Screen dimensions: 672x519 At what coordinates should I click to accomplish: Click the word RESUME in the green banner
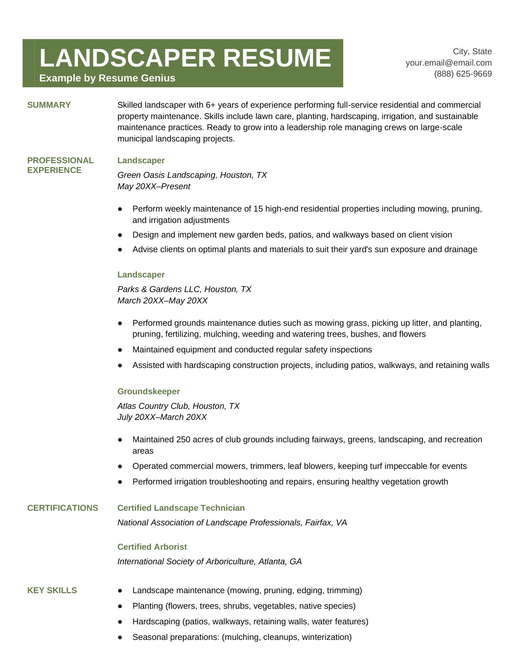(277, 58)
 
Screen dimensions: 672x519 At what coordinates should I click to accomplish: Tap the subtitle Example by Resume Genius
(107, 78)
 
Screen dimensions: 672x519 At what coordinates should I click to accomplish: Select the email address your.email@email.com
(449, 63)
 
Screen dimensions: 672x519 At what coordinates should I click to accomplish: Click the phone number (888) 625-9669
(463, 74)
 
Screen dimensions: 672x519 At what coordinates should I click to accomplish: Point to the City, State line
(472, 52)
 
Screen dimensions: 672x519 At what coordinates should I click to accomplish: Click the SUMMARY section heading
(49, 105)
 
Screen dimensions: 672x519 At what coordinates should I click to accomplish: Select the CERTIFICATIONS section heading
(63, 508)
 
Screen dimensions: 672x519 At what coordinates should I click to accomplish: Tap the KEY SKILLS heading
(52, 590)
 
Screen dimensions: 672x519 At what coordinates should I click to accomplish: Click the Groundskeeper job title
(149, 391)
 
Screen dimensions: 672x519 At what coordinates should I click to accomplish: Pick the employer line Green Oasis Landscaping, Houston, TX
(192, 175)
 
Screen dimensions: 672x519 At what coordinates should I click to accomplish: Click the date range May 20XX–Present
(154, 187)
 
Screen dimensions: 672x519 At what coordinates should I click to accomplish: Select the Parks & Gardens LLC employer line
(184, 289)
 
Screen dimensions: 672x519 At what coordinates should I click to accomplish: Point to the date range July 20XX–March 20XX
(162, 417)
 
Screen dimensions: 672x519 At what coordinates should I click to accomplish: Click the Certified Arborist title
(152, 547)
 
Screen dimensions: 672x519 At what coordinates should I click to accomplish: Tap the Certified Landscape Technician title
(181, 508)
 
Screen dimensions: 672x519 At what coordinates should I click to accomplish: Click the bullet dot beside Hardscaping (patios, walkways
(120, 622)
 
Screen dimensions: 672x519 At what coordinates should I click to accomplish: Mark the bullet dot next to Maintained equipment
(120, 350)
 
